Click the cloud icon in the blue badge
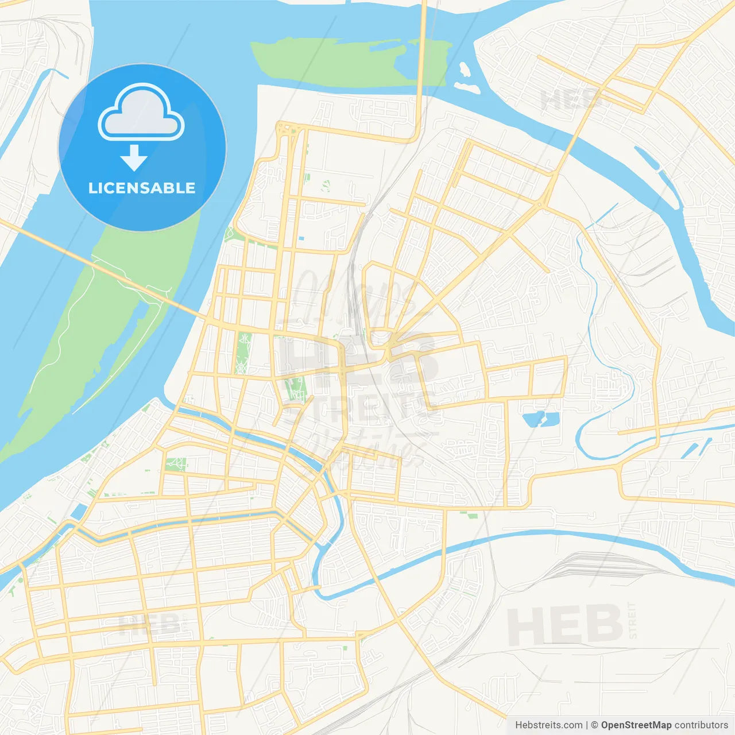click(141, 112)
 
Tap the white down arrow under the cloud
click(134, 157)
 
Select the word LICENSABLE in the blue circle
click(142, 188)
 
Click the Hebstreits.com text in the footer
click(548, 725)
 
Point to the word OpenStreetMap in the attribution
click(636, 725)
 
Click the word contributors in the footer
click(701, 725)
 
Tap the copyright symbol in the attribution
click(594, 725)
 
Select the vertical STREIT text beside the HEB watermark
click(633, 620)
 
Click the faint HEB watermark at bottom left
click(149, 624)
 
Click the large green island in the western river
click(103, 322)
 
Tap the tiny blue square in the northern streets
click(301, 238)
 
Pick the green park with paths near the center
click(296, 389)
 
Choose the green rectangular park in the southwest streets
click(175, 464)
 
